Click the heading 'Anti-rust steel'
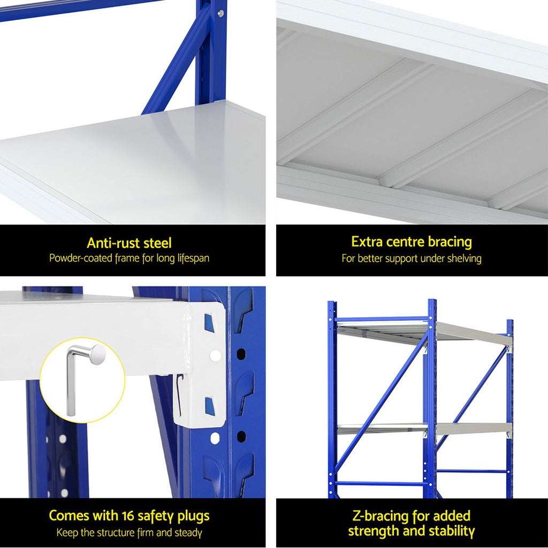129,243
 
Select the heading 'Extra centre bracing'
412,242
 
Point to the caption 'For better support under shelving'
412,258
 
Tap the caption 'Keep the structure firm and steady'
129,532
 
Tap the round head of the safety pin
97,354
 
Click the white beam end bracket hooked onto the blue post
203,364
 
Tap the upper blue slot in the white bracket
209,323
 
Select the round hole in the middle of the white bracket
215,355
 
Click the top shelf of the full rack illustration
423,332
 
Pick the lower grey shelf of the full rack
423,428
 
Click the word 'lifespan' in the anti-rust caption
189,258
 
